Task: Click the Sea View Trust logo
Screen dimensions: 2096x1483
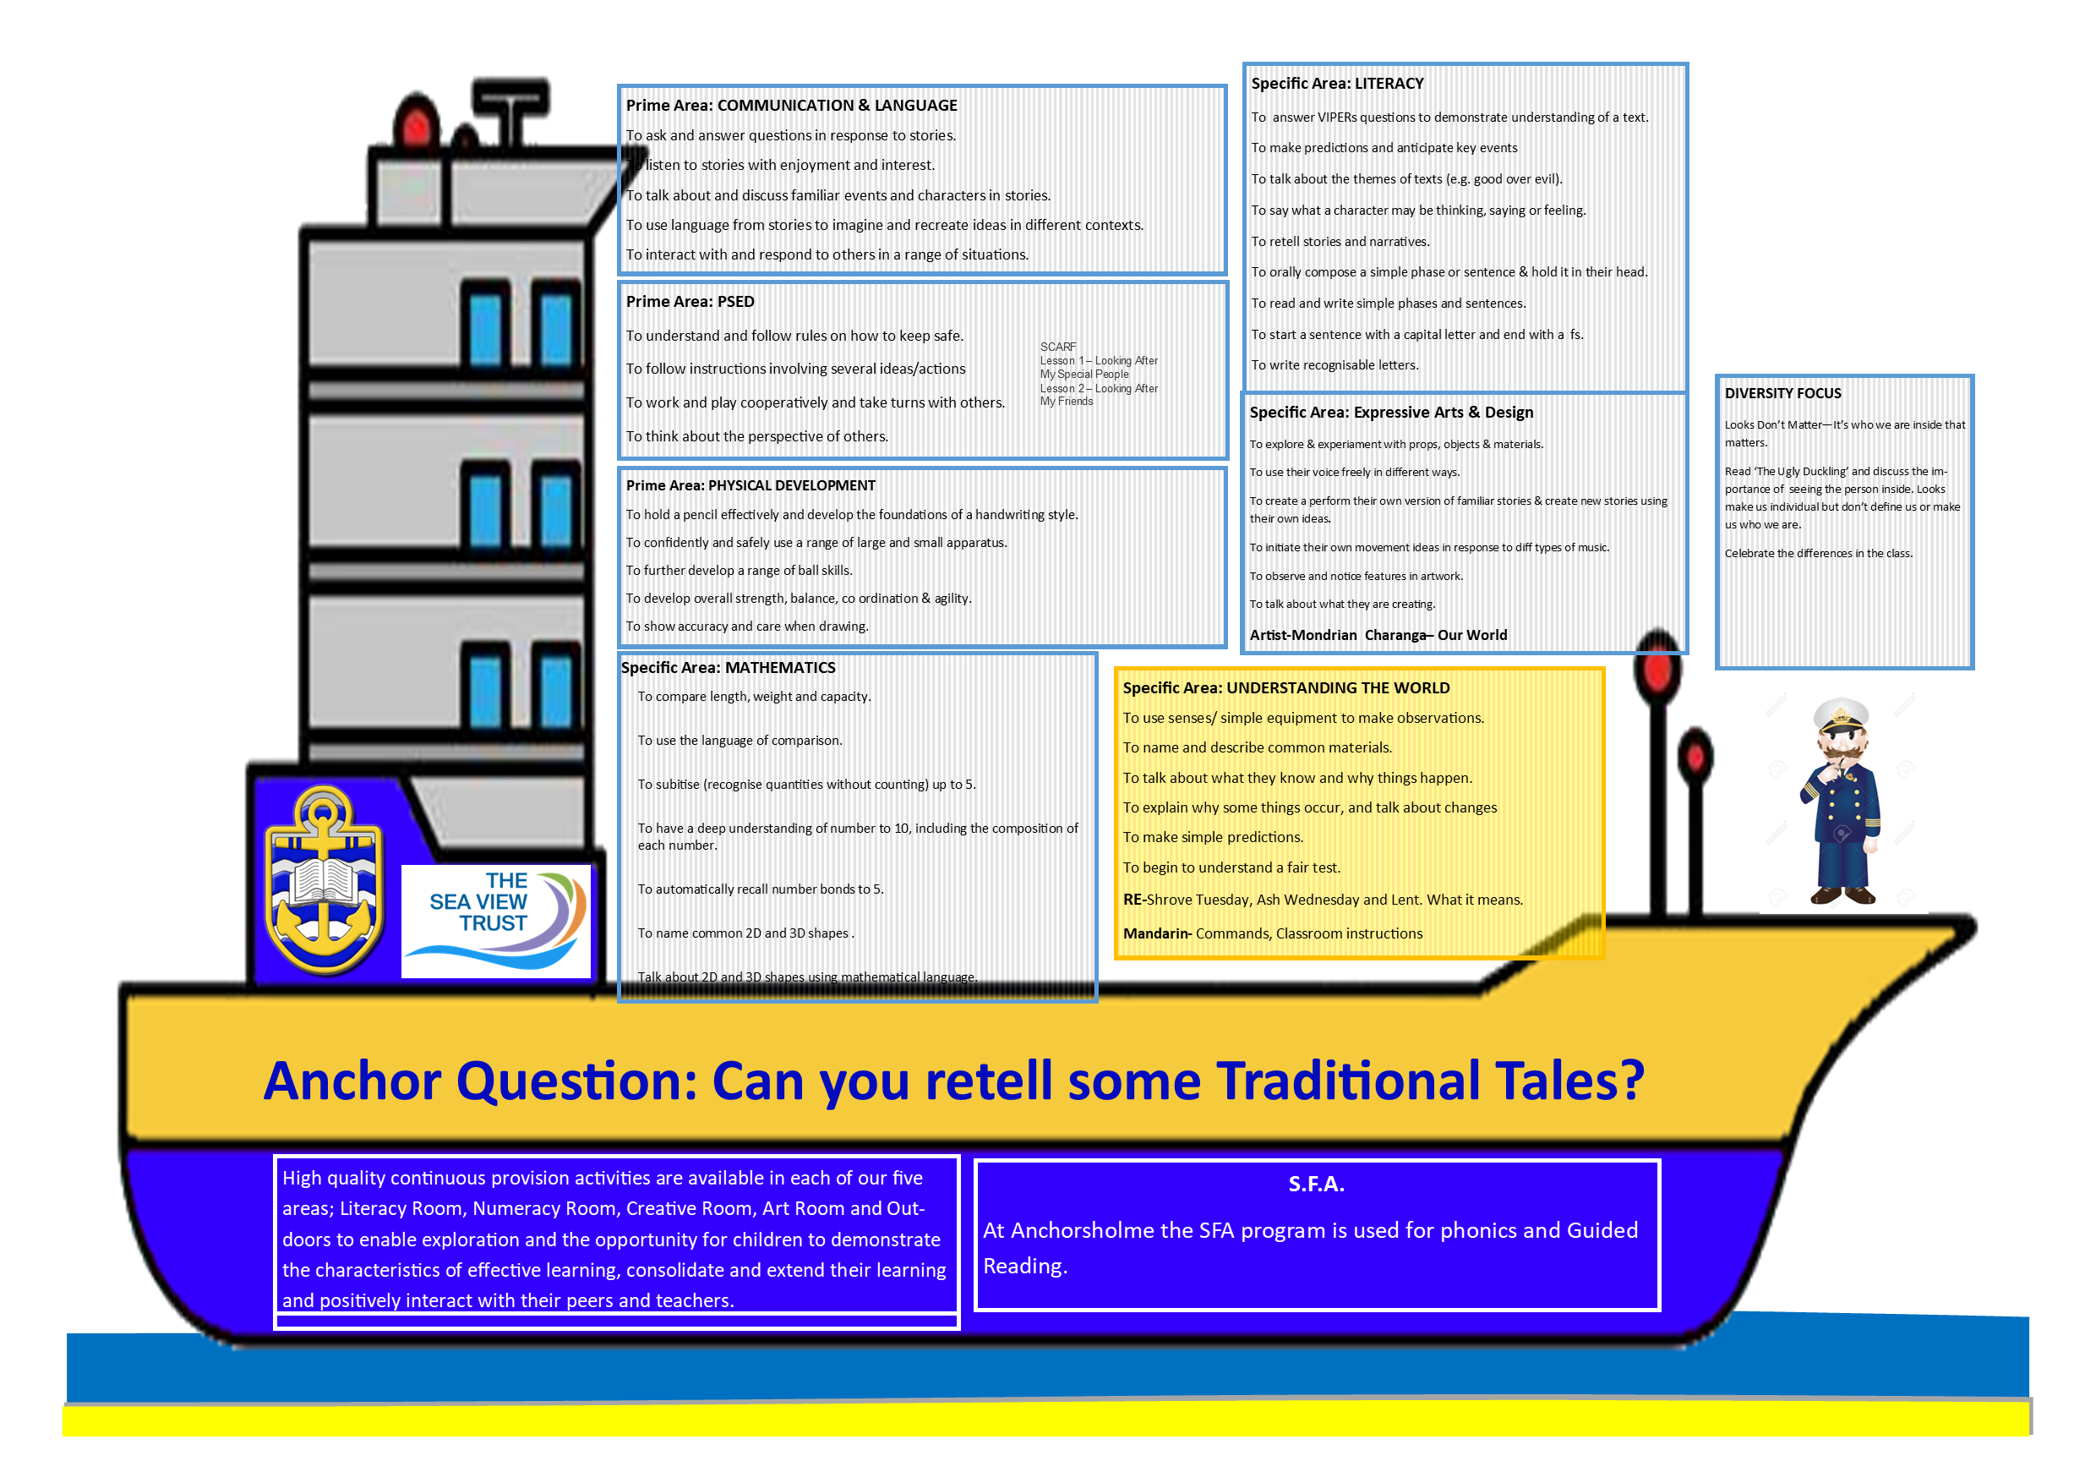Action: click(497, 921)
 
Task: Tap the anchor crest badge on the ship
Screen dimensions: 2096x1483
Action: click(324, 880)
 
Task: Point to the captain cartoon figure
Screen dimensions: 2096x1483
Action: click(1841, 801)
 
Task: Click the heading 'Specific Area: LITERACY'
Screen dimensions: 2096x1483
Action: click(1337, 83)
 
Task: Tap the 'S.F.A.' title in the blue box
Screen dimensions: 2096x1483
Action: click(1315, 1185)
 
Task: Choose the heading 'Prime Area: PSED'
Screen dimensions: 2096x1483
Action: click(690, 301)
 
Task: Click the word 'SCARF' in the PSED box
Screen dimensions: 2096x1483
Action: click(1058, 347)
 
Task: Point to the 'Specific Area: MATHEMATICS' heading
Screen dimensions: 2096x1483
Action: click(728, 668)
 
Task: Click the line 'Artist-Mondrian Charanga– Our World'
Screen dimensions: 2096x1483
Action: click(1378, 635)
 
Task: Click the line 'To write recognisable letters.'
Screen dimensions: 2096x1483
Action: click(1335, 365)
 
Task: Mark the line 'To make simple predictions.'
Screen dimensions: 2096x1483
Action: click(1212, 837)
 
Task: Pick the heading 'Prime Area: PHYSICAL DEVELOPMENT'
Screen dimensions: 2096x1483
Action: click(751, 486)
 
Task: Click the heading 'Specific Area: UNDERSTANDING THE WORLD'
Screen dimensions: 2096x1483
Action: click(1285, 687)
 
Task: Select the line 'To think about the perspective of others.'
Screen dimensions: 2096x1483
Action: click(756, 436)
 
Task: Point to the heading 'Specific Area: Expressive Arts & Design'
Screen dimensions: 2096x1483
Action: click(1391, 413)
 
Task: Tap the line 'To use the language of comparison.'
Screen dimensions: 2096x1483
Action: click(740, 741)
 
